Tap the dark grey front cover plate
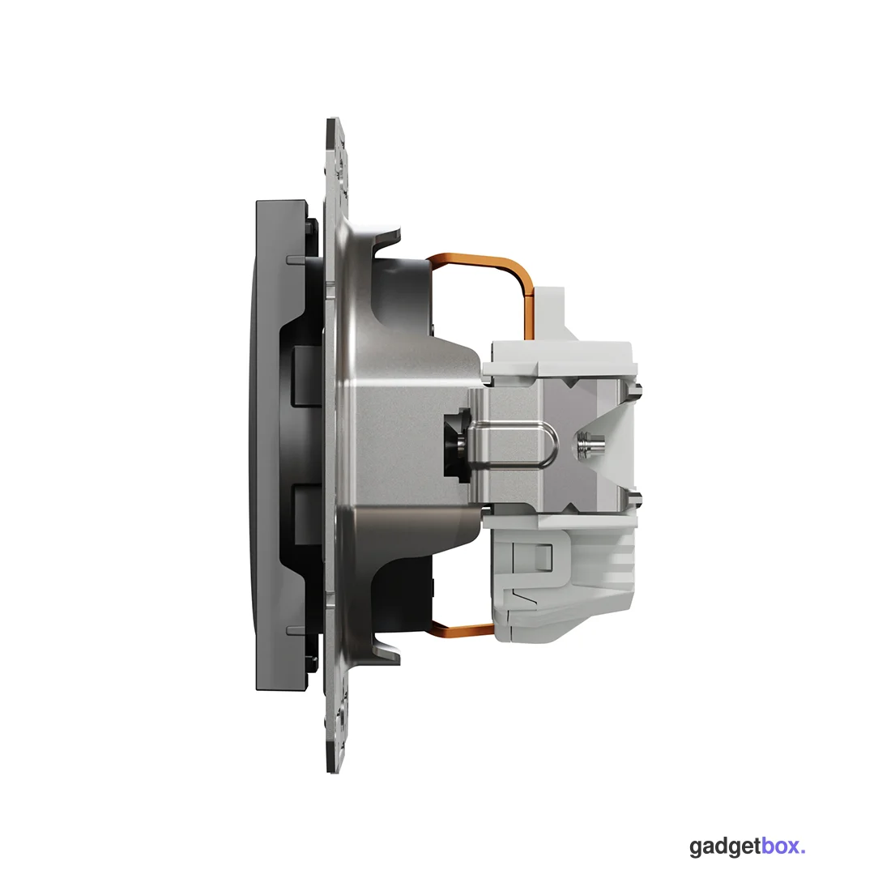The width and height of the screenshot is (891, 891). click(281, 443)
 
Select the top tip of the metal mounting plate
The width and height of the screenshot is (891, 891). click(334, 119)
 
